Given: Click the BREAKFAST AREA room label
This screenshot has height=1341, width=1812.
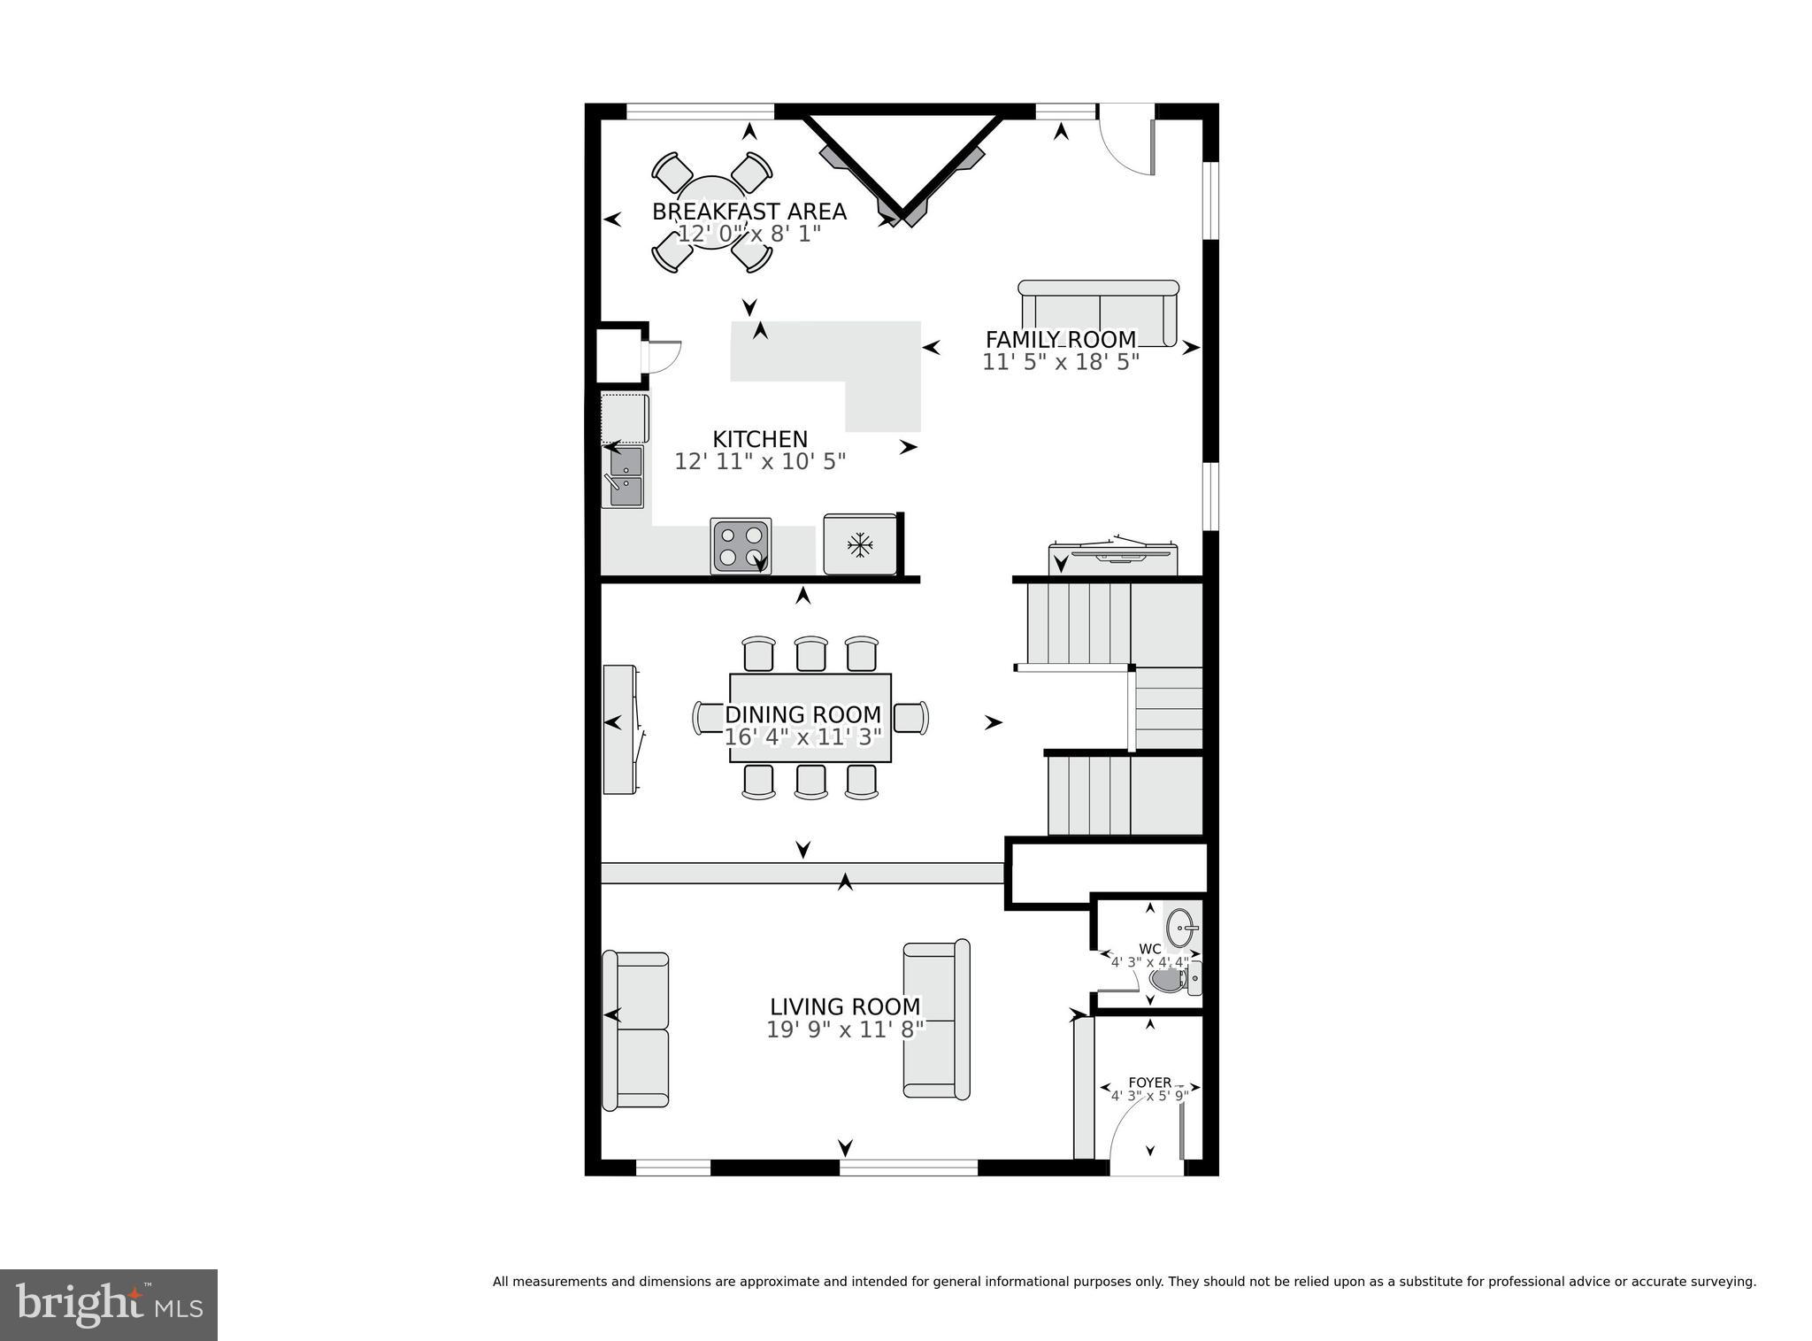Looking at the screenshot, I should (x=749, y=212).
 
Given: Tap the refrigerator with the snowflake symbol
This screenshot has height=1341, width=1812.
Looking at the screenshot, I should (x=860, y=544).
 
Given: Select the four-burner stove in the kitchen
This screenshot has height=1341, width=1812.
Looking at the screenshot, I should (x=741, y=546).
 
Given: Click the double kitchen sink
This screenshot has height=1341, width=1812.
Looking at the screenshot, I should (x=623, y=477).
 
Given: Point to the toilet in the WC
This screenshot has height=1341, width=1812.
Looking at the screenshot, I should (x=1170, y=981).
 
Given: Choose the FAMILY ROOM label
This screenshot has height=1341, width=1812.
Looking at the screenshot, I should (x=1060, y=339).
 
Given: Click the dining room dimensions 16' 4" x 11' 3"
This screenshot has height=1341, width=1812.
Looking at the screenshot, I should (x=802, y=737).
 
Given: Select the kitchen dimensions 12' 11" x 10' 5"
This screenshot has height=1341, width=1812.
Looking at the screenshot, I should (x=760, y=461).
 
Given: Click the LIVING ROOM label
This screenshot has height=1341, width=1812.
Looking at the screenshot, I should (x=845, y=1006).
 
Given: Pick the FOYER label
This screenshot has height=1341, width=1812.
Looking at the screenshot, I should (x=1149, y=1083).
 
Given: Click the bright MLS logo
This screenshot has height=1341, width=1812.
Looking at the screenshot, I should (x=109, y=1305).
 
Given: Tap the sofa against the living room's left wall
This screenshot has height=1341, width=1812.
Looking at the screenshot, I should (x=635, y=1030).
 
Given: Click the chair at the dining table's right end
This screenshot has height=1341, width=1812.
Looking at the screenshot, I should (x=911, y=717).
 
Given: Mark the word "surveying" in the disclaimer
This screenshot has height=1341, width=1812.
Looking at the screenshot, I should (x=1724, y=1281).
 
